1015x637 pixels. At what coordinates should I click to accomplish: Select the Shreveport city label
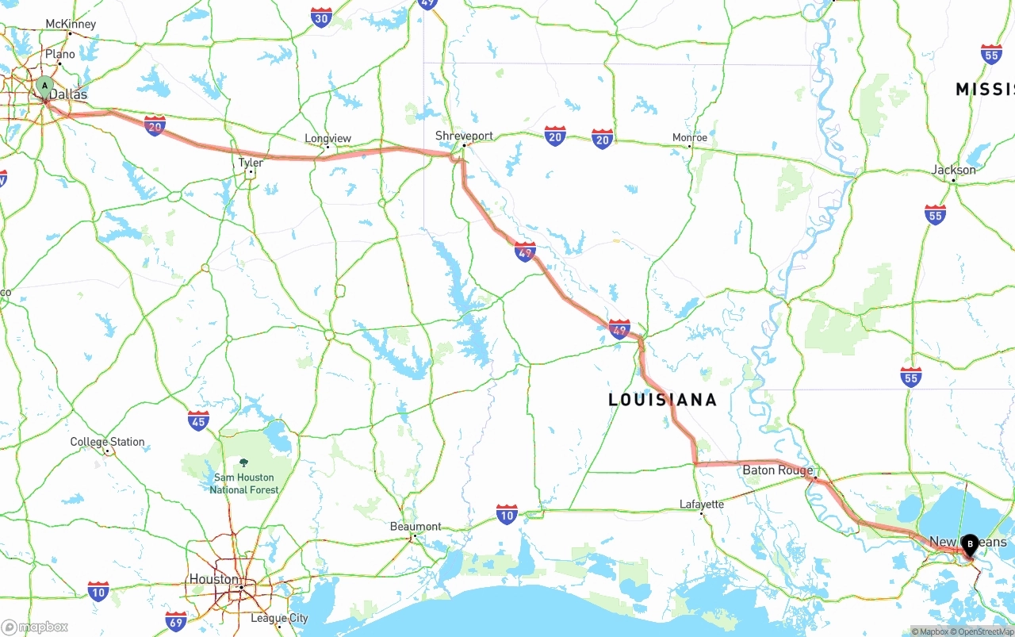point(464,136)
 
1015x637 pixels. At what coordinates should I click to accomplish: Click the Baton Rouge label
point(777,470)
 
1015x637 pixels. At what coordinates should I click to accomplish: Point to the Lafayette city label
point(702,505)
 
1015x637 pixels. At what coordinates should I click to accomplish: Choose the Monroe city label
point(689,137)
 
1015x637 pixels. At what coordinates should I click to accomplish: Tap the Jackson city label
point(954,170)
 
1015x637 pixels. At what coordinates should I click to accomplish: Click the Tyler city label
point(251,163)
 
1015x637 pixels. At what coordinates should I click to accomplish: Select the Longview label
point(327,139)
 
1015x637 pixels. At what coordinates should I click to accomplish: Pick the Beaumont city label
point(416,527)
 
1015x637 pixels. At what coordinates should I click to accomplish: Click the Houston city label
point(213,579)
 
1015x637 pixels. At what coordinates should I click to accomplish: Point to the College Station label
point(107,442)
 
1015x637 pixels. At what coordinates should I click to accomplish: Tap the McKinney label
point(71,24)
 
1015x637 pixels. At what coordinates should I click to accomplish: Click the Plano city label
point(60,55)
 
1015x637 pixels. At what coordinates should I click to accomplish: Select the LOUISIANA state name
point(662,400)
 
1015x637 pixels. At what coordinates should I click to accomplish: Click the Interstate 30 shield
point(321,18)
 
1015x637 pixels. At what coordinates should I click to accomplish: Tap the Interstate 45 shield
point(198,420)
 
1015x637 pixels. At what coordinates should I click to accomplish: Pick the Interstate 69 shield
point(176,620)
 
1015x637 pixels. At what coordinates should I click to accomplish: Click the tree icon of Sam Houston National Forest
point(243,462)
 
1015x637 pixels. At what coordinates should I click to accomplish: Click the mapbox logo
point(35,627)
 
